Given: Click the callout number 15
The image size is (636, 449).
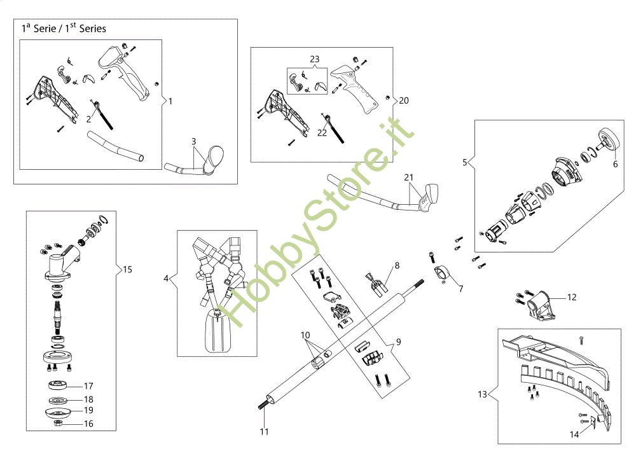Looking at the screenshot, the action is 127,270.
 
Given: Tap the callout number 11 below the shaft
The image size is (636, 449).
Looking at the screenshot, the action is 264,432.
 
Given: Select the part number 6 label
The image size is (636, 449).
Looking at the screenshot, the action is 615,163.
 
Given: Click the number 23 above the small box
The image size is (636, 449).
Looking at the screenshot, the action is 314,59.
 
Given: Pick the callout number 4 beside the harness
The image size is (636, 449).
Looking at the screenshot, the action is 167,279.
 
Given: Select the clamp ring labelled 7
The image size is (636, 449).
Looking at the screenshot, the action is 442,274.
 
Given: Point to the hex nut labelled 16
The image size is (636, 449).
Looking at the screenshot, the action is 59,422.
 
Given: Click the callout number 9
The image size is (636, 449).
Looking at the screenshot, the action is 398,342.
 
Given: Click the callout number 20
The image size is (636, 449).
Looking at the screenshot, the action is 404,100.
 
